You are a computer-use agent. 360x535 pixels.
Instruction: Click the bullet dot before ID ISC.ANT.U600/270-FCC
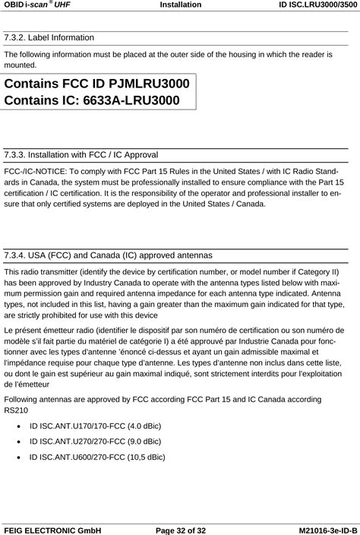point(17,457)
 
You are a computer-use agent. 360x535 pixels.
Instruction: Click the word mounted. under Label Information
point(20,65)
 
